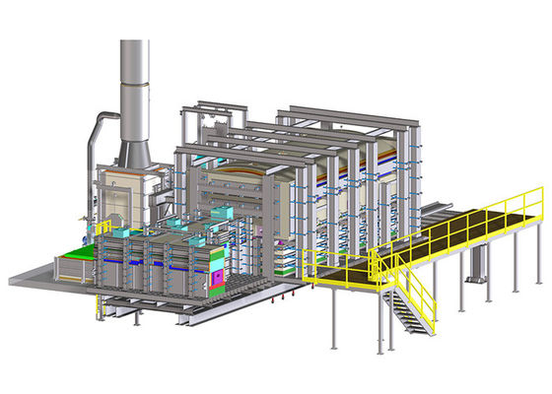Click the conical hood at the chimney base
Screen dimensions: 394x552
click(x=134, y=152)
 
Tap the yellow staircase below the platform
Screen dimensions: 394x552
click(x=409, y=305)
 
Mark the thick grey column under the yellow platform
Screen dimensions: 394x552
click(x=478, y=260)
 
